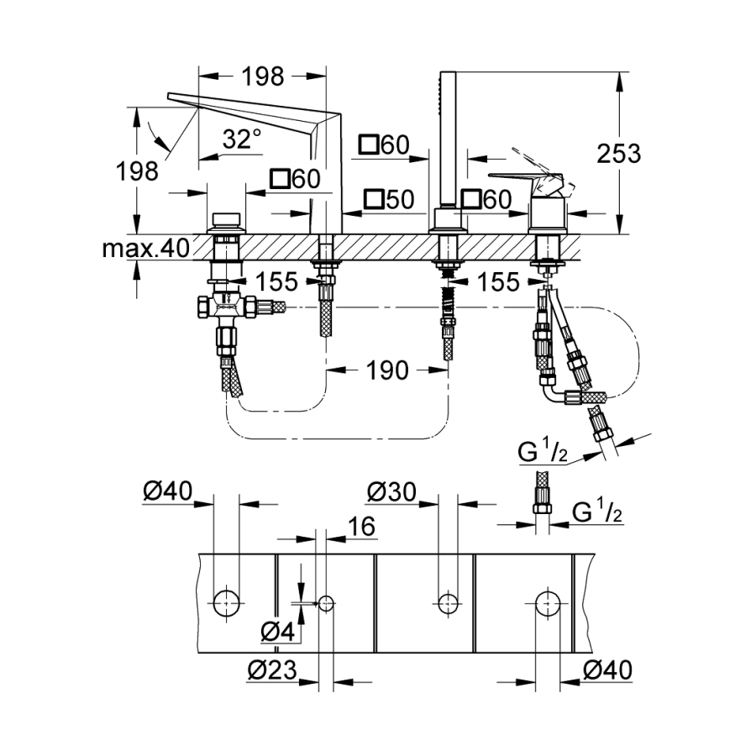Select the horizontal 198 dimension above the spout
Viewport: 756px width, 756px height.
263,76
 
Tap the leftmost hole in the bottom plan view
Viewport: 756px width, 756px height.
227,601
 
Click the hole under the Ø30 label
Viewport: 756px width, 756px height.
448,601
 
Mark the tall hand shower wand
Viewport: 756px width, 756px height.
445,143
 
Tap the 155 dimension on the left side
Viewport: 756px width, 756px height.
277,281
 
